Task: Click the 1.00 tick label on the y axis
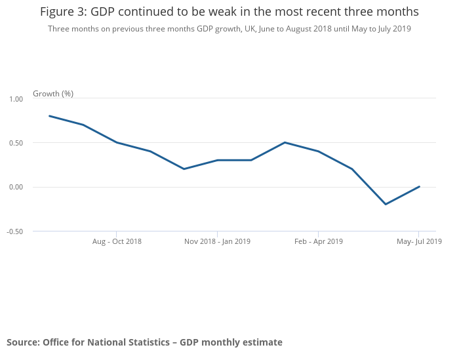point(16,98)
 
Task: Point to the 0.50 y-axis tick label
point(16,143)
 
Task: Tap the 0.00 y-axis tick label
point(16,187)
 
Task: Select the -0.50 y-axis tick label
point(15,231)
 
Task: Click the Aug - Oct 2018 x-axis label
point(117,241)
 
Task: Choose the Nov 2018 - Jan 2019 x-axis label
point(217,241)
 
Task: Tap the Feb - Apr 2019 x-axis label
point(319,241)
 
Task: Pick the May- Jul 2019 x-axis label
point(419,241)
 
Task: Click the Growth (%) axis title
point(53,94)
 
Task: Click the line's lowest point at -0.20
point(386,204)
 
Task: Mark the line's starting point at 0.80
point(50,116)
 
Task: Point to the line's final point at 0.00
point(419,187)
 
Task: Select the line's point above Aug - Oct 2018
point(117,142)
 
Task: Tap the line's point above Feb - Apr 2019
point(319,151)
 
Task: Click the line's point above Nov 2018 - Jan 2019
point(217,160)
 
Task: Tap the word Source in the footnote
point(22,342)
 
